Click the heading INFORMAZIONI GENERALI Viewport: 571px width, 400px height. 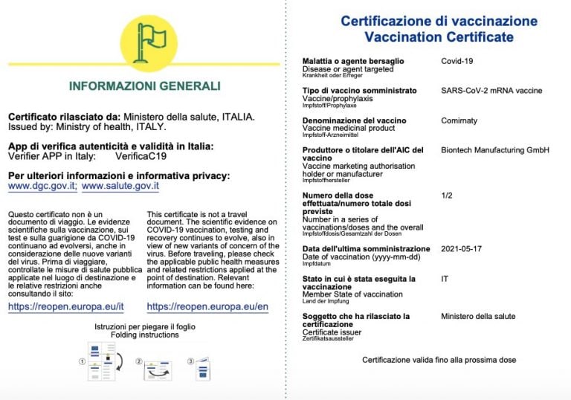(x=144, y=86)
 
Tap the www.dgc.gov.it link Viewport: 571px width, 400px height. (x=42, y=187)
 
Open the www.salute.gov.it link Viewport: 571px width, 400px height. (x=120, y=187)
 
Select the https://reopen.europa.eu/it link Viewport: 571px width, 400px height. (x=65, y=307)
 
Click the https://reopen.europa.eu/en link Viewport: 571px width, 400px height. (x=207, y=307)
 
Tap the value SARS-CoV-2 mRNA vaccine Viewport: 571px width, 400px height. (x=491, y=91)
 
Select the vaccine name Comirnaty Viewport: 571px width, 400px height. (x=459, y=120)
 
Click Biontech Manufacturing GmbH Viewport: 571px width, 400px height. (x=494, y=150)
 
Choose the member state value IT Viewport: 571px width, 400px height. (x=445, y=279)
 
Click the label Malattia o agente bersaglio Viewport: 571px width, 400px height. (x=353, y=61)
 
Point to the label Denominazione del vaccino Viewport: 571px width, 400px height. (x=354, y=120)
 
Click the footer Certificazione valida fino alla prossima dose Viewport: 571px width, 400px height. (x=439, y=360)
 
